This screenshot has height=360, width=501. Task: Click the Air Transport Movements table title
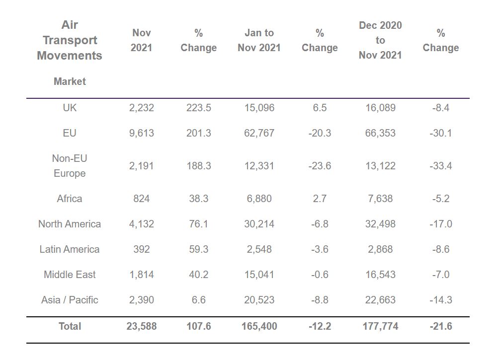pyautogui.click(x=70, y=40)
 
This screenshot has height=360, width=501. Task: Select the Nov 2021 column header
pyautogui.click(x=142, y=40)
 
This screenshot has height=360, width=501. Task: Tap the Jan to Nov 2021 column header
pyautogui.click(x=259, y=40)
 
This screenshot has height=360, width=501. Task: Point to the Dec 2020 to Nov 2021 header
pyautogui.click(x=380, y=40)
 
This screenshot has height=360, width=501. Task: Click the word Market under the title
pyautogui.click(x=70, y=81)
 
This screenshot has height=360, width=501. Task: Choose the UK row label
pyautogui.click(x=70, y=108)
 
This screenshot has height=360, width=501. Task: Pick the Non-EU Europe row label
pyautogui.click(x=70, y=166)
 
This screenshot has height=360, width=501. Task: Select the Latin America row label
pyautogui.click(x=70, y=249)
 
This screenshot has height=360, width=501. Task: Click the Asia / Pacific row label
pyautogui.click(x=70, y=300)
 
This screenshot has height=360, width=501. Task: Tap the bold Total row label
pyautogui.click(x=70, y=326)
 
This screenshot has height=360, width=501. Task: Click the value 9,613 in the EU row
pyautogui.click(x=142, y=133)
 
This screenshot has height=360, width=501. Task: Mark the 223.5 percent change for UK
pyautogui.click(x=198, y=108)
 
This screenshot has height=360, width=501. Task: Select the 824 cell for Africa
pyautogui.click(x=142, y=199)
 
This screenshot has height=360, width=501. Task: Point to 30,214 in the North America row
pyautogui.click(x=259, y=224)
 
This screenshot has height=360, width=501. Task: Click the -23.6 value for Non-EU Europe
pyautogui.click(x=320, y=166)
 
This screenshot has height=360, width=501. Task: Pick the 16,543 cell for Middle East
pyautogui.click(x=380, y=275)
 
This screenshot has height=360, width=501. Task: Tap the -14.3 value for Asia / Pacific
pyautogui.click(x=441, y=300)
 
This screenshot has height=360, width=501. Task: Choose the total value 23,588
pyautogui.click(x=142, y=326)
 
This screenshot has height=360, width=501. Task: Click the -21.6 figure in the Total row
pyautogui.click(x=441, y=326)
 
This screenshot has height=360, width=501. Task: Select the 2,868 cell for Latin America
pyautogui.click(x=380, y=249)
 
